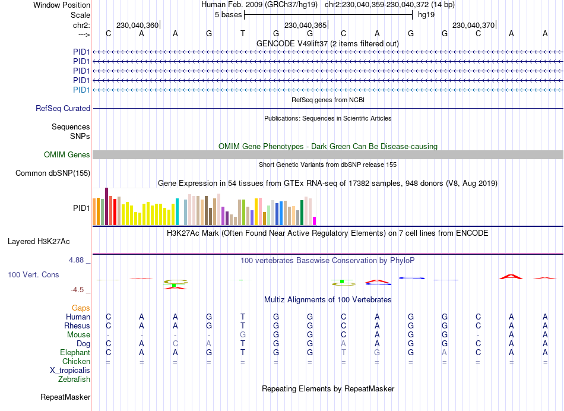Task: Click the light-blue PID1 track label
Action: pyautogui.click(x=81, y=90)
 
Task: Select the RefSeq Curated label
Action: pyautogui.click(x=63, y=109)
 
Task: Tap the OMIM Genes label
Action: pyautogui.click(x=67, y=155)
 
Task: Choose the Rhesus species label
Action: pyautogui.click(x=77, y=326)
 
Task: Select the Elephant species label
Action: pyautogui.click(x=75, y=353)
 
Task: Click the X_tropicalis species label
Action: pyautogui.click(x=70, y=371)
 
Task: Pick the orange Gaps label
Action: pyautogui.click(x=81, y=308)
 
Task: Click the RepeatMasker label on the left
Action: pyautogui.click(x=65, y=397)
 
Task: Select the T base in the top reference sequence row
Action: pyautogui.click(x=242, y=34)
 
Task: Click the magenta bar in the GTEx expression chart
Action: pyautogui.click(x=315, y=221)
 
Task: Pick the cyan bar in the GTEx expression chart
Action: pyautogui.click(x=178, y=212)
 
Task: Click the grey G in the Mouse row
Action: pyautogui.click(x=242, y=335)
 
